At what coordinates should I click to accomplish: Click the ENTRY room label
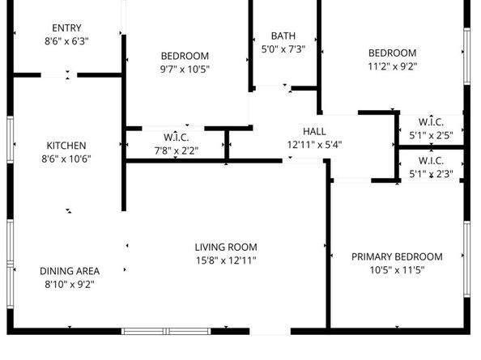66,28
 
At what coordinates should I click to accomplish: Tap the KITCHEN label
66,146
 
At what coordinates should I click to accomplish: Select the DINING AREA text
70,271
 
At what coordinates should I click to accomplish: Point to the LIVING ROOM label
226,248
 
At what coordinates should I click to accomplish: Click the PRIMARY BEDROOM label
397,256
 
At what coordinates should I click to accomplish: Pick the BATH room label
283,36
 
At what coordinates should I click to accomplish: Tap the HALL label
314,132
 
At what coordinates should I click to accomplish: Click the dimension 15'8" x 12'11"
226,260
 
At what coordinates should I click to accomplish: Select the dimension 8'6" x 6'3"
66,40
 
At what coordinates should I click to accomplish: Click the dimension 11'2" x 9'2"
393,66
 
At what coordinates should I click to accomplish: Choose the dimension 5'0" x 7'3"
283,49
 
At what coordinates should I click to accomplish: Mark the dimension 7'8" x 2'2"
176,150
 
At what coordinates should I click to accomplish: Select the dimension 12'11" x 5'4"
314,145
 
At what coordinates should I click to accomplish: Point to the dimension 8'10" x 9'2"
70,284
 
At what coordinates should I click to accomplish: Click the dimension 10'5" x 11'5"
397,269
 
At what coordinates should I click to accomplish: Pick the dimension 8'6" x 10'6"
66,159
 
